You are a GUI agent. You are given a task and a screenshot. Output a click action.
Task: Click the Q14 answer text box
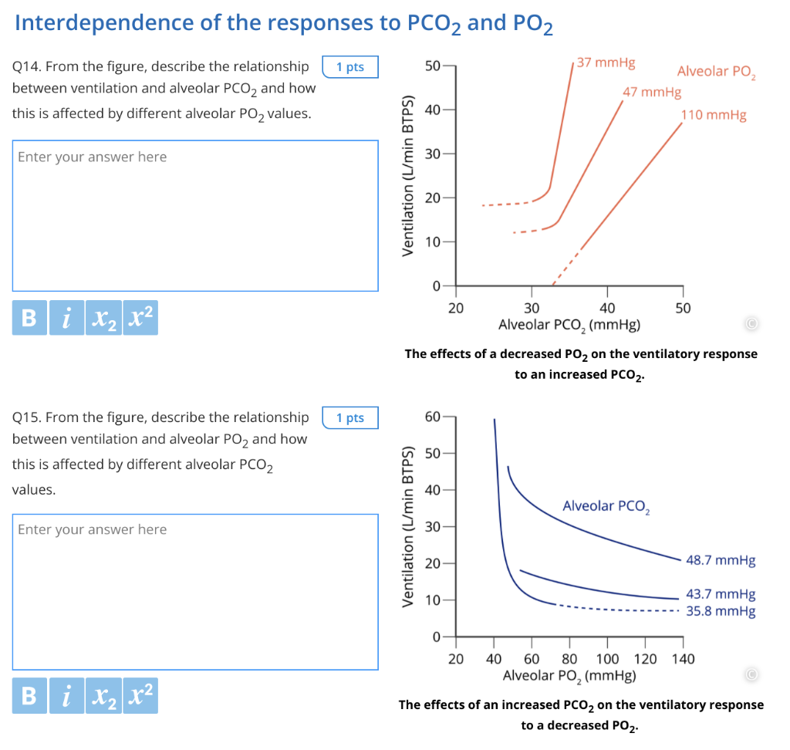pyautogui.click(x=195, y=215)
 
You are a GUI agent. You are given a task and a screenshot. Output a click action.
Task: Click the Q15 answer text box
pyautogui.click(x=195, y=592)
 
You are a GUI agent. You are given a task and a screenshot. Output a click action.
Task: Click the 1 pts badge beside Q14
pyautogui.click(x=349, y=67)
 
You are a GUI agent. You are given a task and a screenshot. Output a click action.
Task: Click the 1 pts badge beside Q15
pyautogui.click(x=349, y=417)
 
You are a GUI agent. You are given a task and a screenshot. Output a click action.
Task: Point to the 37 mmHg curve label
pyautogui.click(x=606, y=62)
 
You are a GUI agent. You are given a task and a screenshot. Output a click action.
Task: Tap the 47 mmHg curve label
pyautogui.click(x=652, y=93)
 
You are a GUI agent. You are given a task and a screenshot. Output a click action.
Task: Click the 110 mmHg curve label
pyautogui.click(x=714, y=116)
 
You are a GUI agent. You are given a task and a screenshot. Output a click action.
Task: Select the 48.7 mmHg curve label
pyautogui.click(x=721, y=560)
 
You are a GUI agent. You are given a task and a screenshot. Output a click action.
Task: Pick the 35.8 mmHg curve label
pyautogui.click(x=721, y=611)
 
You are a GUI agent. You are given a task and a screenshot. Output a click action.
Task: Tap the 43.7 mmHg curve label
pyautogui.click(x=721, y=594)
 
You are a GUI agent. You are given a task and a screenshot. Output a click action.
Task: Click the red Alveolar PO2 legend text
pyautogui.click(x=717, y=73)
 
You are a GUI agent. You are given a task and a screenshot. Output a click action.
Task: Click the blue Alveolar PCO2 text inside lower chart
pyautogui.click(x=606, y=507)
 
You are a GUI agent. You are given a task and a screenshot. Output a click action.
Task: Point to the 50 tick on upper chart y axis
pyautogui.click(x=433, y=66)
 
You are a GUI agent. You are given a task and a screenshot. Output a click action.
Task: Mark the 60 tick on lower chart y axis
pyautogui.click(x=433, y=417)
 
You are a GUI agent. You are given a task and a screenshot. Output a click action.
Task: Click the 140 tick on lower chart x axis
pyautogui.click(x=684, y=659)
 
